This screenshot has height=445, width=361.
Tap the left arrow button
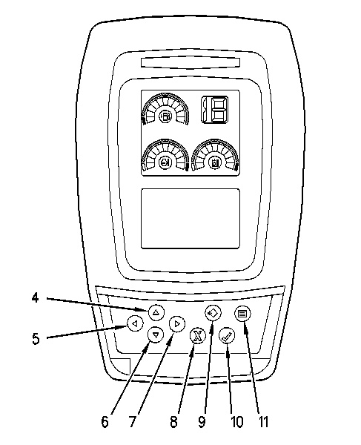(135, 323)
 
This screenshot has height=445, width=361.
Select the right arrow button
(177, 323)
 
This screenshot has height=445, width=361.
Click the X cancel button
(197, 336)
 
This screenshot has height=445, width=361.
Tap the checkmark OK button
(227, 336)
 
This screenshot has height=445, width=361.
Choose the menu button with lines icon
(242, 314)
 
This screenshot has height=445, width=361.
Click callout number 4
(35, 298)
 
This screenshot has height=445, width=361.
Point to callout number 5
(36, 339)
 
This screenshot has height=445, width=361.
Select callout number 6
(105, 422)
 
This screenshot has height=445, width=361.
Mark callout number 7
(132, 422)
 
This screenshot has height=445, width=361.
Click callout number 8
(174, 422)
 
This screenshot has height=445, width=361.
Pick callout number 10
(237, 422)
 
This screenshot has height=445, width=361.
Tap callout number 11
(263, 422)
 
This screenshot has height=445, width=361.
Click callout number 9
(202, 422)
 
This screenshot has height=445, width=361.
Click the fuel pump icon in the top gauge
(165, 116)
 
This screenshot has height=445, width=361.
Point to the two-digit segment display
(215, 110)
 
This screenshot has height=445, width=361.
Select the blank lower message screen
(191, 219)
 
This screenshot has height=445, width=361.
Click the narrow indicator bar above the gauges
(191, 63)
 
